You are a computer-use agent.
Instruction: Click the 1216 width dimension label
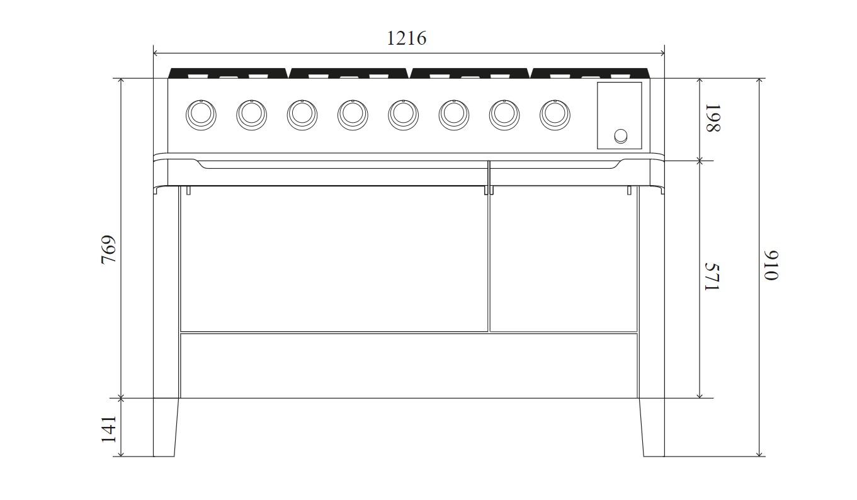click(406, 38)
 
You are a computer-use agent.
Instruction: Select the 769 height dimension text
click(109, 249)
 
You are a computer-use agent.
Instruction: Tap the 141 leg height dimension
click(109, 429)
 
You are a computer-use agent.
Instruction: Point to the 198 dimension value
click(713, 118)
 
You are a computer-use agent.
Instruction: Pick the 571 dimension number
click(713, 276)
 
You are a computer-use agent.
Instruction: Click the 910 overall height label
click(771, 266)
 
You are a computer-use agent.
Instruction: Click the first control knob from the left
click(201, 115)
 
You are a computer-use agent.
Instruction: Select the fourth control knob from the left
click(353, 115)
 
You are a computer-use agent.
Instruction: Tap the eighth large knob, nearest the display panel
click(555, 115)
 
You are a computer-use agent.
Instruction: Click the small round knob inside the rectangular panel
click(621, 136)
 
